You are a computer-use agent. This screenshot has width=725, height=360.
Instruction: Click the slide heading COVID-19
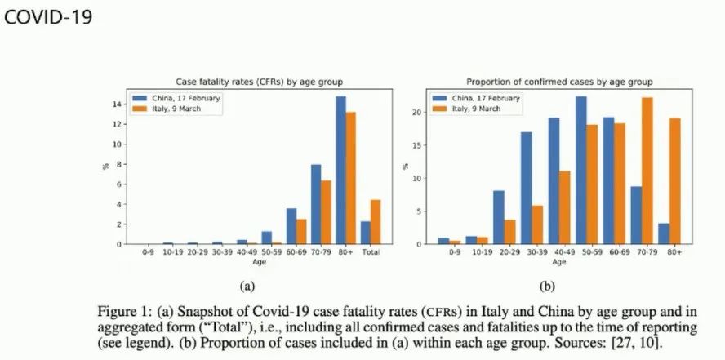pyautogui.click(x=48, y=17)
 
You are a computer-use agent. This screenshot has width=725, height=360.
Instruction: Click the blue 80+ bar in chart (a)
pyautogui.click(x=340, y=171)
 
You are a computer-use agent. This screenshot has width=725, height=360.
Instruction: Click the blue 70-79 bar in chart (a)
pyautogui.click(x=315, y=204)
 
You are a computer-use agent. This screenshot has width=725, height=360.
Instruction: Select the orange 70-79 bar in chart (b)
pyautogui.click(x=648, y=171)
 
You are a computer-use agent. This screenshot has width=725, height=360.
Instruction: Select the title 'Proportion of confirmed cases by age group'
pyautogui.click(x=558, y=82)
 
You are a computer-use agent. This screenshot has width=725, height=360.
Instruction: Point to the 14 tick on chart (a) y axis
pyautogui.click(x=119, y=104)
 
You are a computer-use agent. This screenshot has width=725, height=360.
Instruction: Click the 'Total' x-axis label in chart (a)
pyautogui.click(x=371, y=253)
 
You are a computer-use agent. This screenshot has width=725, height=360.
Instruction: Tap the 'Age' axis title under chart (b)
pyautogui.click(x=558, y=262)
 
